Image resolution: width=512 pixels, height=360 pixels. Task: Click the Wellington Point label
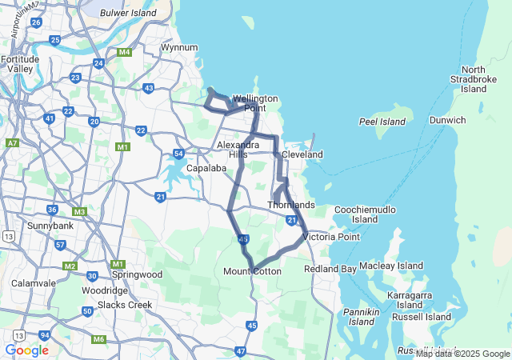point(255,103)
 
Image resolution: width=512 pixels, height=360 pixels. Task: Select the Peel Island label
point(382,122)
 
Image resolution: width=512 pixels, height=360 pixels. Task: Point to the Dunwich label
point(448,120)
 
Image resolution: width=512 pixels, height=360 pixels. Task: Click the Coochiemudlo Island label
point(365,214)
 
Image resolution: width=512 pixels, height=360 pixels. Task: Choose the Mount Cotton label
point(253,272)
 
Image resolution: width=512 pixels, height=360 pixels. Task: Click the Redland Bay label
point(330,269)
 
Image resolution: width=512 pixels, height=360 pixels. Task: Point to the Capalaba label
point(203,169)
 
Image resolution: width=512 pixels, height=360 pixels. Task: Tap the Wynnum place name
point(179,48)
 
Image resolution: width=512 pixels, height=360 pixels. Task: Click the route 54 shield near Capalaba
point(178,154)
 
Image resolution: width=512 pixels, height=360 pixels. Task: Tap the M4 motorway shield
point(124,53)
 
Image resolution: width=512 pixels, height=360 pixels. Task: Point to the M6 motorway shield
point(98,339)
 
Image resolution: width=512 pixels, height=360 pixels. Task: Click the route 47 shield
point(241,351)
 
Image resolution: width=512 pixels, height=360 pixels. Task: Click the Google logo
point(26,350)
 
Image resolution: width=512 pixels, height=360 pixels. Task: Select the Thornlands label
point(291,206)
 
